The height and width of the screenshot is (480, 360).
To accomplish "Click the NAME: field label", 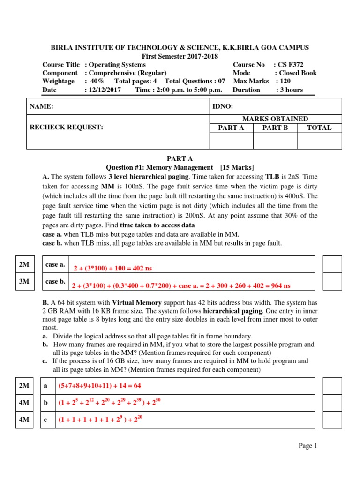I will coord(42,107).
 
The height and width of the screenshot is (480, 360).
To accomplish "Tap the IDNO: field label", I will coord(223,107).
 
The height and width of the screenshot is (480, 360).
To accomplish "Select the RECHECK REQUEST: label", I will coord(66,127).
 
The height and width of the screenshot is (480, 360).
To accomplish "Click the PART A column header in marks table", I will coord(231,127).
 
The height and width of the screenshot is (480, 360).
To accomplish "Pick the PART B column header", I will coord(275,127).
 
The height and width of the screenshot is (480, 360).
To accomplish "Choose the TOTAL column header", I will coord(319,127).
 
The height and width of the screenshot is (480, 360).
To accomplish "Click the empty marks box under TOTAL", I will coord(319,141).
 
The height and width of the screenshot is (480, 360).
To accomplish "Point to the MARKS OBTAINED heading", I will coord(275,119).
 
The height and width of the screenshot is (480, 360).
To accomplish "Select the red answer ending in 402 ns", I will coord(113,268).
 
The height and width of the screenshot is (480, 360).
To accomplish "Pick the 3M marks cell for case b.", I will coord(24,282).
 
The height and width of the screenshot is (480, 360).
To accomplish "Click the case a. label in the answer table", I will coord(55,265).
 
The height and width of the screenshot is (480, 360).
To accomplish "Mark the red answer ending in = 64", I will coord(99,386).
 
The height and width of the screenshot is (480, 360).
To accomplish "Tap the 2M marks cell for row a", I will coord(24,386).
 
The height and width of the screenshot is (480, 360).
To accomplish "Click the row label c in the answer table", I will coord(45,420).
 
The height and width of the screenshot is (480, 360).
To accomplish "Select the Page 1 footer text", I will coord(308,446).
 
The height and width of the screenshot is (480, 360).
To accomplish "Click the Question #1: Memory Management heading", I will coord(180,168).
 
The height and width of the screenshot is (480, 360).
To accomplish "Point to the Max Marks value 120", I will coord(284,82).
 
